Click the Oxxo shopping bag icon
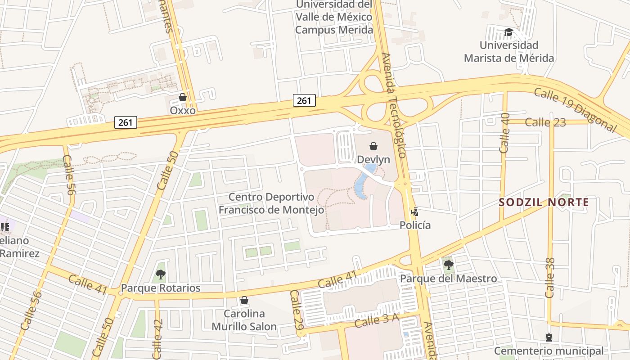tap(183, 97)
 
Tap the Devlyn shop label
tap(373, 159)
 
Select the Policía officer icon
tap(414, 211)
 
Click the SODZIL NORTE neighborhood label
tap(544, 202)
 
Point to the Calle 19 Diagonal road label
tap(575, 110)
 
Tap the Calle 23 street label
tap(545, 122)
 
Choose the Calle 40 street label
tap(504, 133)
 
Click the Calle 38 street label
tap(549, 278)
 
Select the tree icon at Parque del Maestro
tap(448, 265)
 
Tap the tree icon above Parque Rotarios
tap(160, 274)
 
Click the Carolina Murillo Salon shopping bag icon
tap(244, 300)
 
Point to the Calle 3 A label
tap(377, 321)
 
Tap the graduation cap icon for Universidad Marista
tap(508, 32)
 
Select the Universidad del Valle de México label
tap(334, 17)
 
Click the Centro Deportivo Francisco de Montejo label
tap(271, 203)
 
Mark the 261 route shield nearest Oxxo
tap(126, 122)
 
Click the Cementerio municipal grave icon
tap(549, 337)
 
